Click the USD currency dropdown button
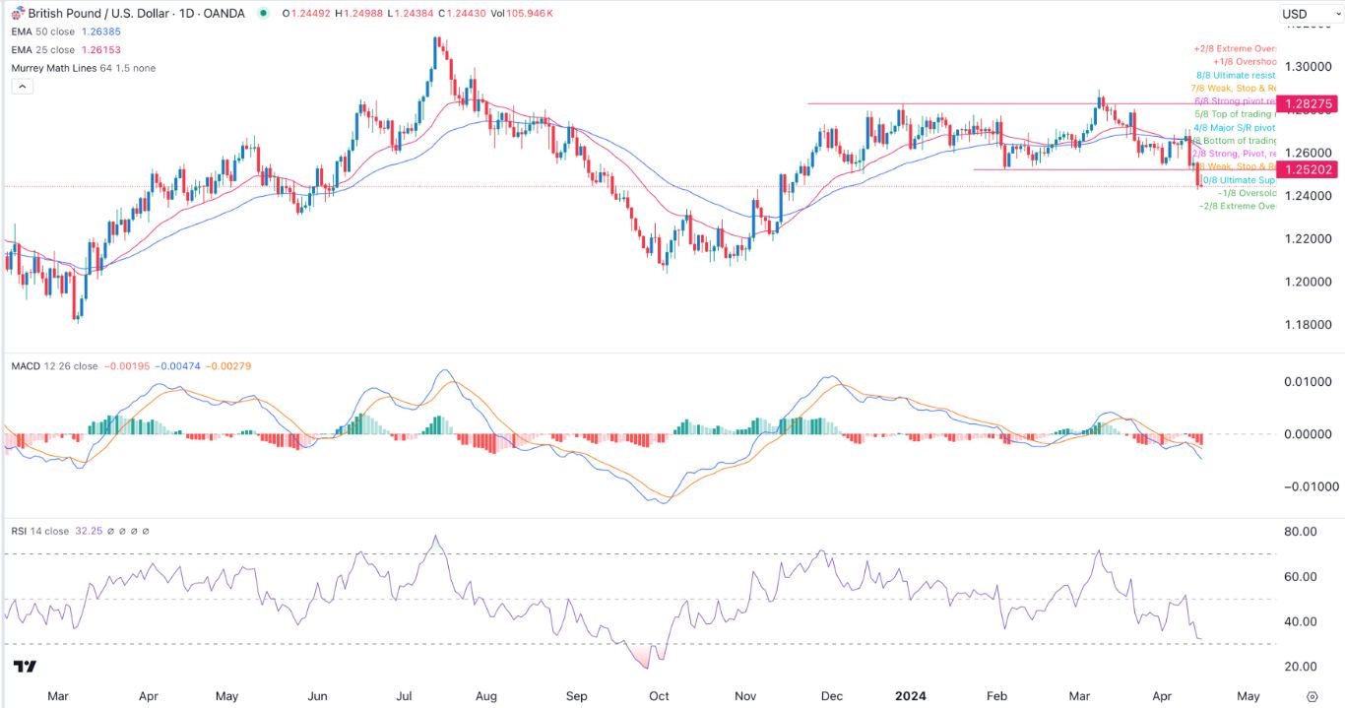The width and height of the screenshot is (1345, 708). coord(1306,14)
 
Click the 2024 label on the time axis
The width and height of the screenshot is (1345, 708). coord(910,696)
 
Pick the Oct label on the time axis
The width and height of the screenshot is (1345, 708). coord(659,696)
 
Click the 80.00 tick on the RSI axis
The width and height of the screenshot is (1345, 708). coord(1300,532)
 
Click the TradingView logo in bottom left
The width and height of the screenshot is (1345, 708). coord(26,667)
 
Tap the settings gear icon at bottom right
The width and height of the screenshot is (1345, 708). coord(1312,696)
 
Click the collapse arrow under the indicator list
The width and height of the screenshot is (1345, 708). coord(22,87)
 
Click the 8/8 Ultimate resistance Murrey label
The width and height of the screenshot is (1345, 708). coord(1237,75)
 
